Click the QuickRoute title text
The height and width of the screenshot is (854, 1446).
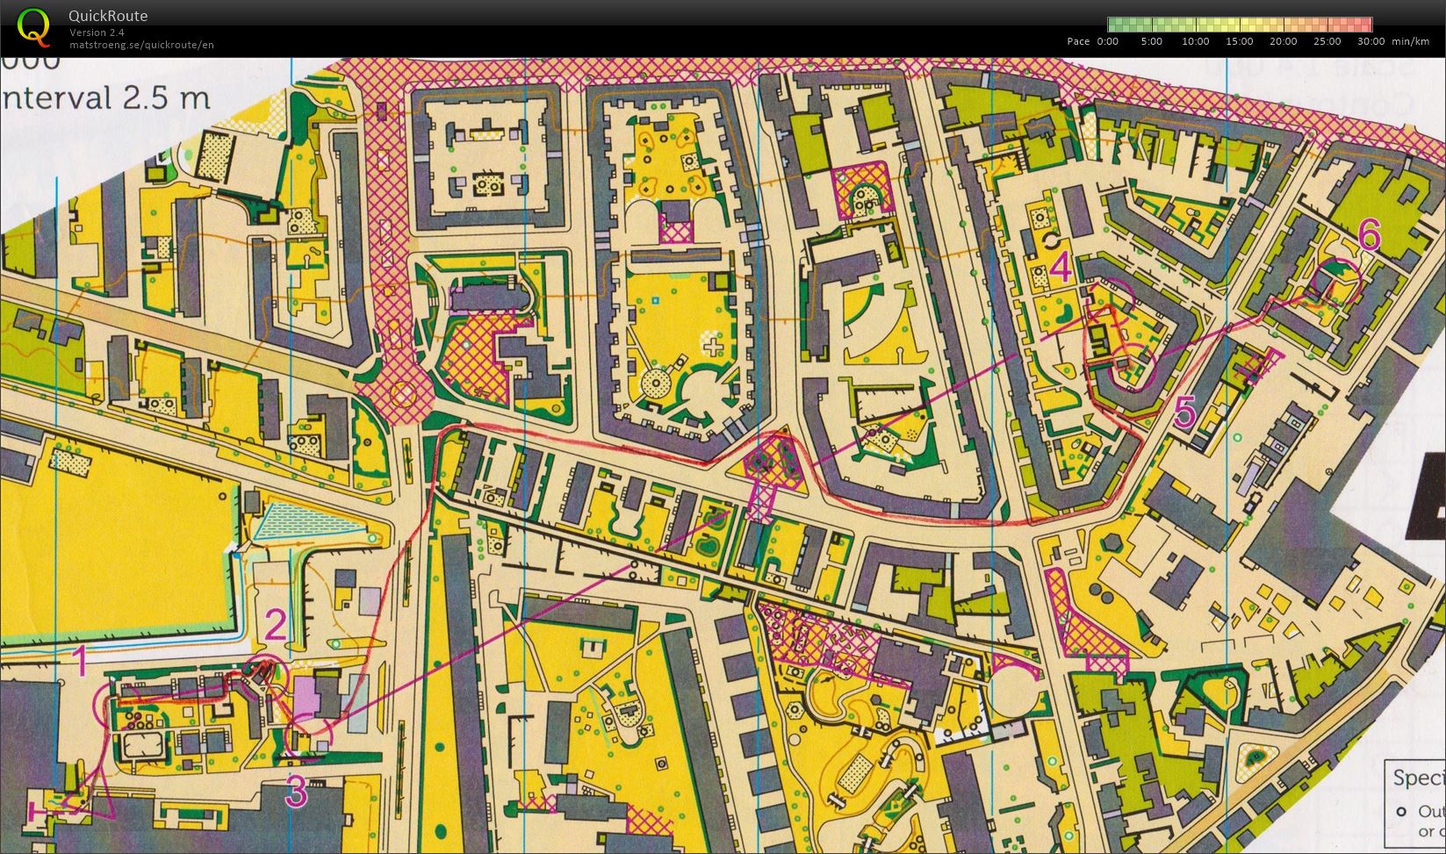pos(107,16)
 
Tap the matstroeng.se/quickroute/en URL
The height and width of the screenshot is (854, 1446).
pos(141,45)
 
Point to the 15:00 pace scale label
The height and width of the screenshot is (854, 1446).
pos(1239,41)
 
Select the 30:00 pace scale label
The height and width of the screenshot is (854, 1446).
pos(1370,41)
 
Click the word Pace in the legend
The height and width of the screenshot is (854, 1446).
pos(1078,41)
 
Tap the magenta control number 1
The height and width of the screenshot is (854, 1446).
pos(79,662)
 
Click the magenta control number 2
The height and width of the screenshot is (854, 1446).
pos(276,626)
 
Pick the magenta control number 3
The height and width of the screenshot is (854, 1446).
pos(297,792)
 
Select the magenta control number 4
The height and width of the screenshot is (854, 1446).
pos(1061,267)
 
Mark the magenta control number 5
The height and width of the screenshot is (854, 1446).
pos(1184,412)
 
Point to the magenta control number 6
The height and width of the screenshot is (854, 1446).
pos(1369,234)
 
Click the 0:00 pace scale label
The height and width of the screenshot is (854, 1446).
pos(1107,41)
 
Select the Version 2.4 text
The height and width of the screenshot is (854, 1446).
pos(97,32)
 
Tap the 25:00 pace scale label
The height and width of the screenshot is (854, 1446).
pos(1327,41)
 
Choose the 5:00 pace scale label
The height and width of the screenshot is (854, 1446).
pos(1151,41)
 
